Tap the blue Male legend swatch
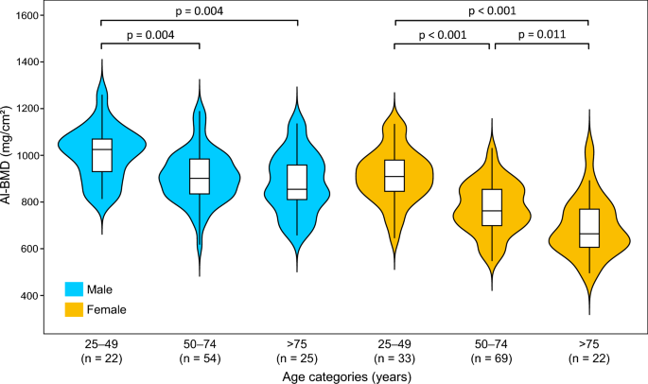pyautogui.click(x=74, y=288)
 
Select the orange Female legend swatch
pyautogui.click(x=74, y=308)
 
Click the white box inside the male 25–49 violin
pyautogui.click(x=102, y=155)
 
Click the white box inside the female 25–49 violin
pyautogui.click(x=394, y=175)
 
